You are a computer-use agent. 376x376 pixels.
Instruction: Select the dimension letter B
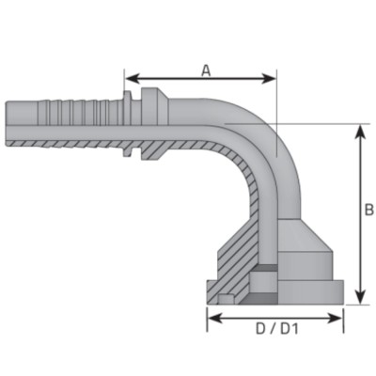[368, 210]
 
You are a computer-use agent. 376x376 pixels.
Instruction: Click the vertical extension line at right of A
[276, 103]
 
